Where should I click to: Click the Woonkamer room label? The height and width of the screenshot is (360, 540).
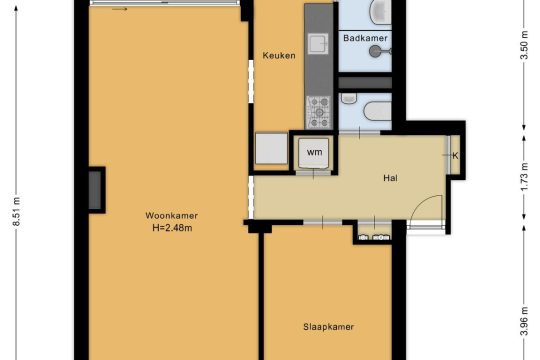click(x=172, y=216)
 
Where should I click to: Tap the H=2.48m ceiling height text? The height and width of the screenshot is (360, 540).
click(x=172, y=228)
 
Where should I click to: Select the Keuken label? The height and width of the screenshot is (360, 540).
click(x=279, y=55)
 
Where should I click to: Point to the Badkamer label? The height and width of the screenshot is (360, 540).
click(x=365, y=38)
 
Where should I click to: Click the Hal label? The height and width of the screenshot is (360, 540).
click(x=390, y=178)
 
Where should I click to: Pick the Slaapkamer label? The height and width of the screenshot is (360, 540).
click(x=328, y=327)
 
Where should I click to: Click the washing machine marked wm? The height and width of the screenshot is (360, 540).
click(x=314, y=153)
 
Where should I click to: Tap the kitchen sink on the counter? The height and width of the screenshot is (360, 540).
click(x=318, y=43)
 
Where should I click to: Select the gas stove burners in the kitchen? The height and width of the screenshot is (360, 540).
click(x=319, y=112)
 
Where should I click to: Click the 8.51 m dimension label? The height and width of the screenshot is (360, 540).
click(x=16, y=212)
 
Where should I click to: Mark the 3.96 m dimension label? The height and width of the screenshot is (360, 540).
click(x=524, y=321)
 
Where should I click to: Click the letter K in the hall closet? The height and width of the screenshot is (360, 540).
click(x=455, y=156)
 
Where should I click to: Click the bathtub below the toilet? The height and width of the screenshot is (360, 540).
click(x=378, y=111)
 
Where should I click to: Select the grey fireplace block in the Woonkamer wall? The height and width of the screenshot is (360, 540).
click(x=95, y=190)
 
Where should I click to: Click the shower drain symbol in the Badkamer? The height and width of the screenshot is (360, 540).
click(x=374, y=51)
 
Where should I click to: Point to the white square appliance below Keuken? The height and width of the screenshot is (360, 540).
click(x=271, y=148)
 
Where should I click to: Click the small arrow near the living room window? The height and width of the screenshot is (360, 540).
click(x=120, y=9)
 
